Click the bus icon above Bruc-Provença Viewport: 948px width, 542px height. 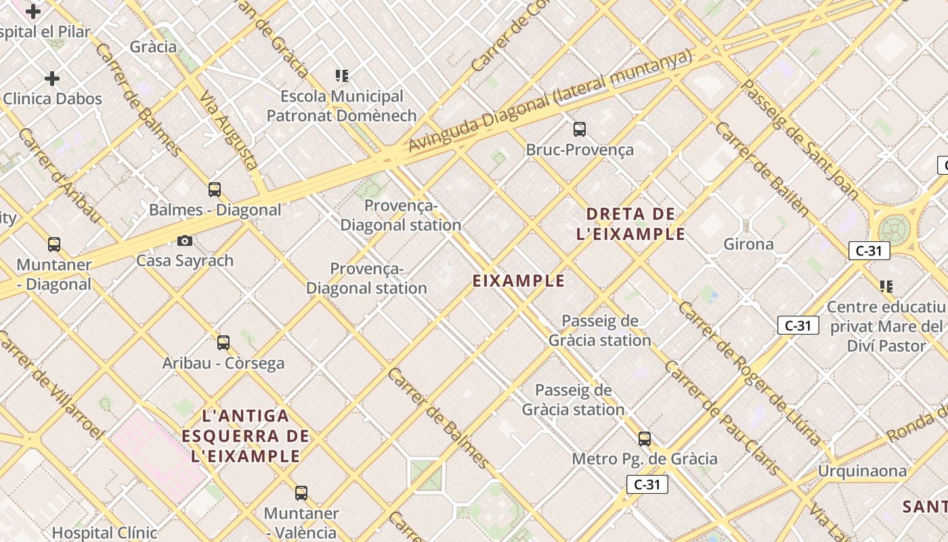(579, 129)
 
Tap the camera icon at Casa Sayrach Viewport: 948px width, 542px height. (184, 241)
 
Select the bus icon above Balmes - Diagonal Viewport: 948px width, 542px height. (215, 190)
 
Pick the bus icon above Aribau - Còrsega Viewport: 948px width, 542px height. (223, 343)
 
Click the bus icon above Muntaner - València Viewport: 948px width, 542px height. (301, 493)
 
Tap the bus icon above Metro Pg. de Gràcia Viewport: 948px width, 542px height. (645, 439)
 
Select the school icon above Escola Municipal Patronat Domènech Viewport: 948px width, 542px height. (342, 76)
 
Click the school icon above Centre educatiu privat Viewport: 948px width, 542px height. (886, 287)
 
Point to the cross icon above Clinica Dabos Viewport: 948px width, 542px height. (52, 79)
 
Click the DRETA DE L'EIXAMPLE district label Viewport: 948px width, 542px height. (630, 224)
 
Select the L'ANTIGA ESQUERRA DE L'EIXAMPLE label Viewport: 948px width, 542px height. (245, 436)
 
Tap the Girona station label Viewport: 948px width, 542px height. (748, 244)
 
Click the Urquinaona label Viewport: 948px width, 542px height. (862, 470)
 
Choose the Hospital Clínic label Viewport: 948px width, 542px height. (104, 533)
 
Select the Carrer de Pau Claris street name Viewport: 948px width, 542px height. (721, 417)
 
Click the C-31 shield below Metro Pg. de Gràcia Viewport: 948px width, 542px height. (647, 484)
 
